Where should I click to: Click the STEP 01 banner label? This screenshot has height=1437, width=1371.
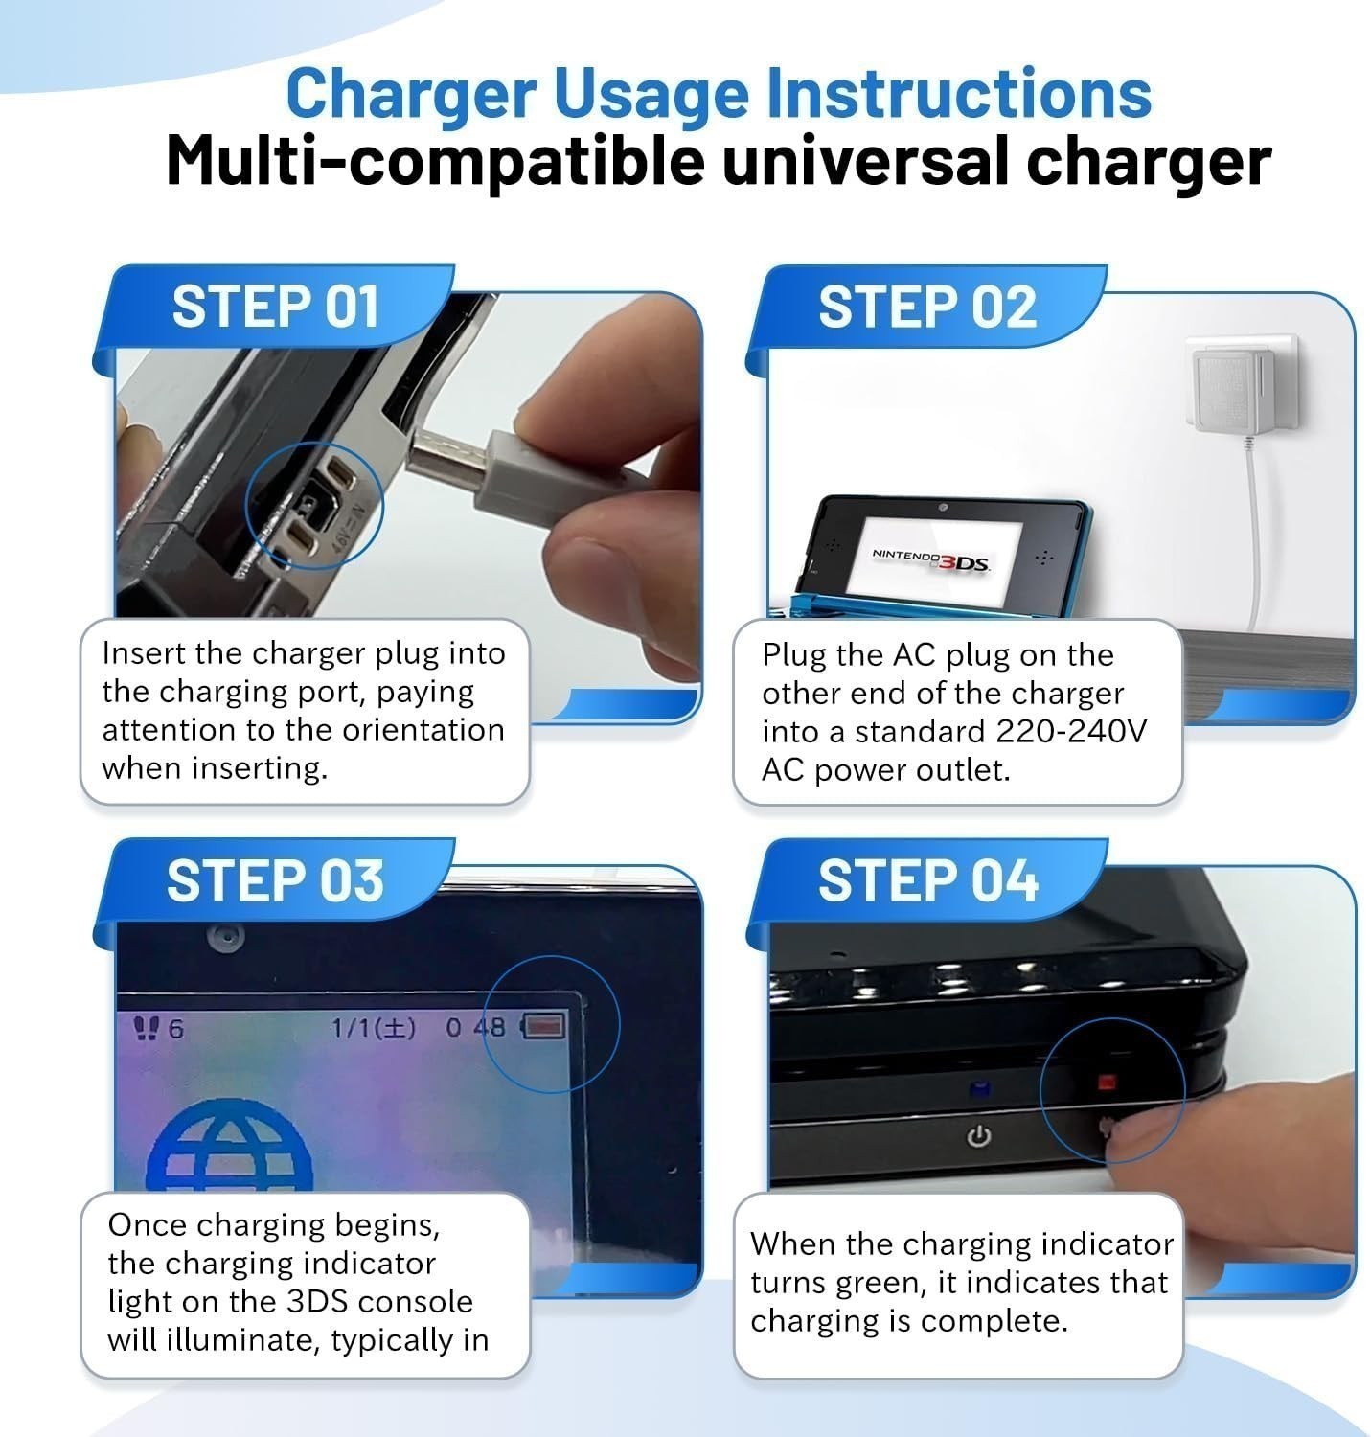[x=276, y=307]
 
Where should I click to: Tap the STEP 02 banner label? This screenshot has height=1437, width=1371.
[x=927, y=307]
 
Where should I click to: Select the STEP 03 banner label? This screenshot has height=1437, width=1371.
[x=275, y=880]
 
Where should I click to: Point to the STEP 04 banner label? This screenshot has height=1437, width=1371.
[x=928, y=880]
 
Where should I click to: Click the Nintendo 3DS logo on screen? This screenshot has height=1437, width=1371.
[x=930, y=559]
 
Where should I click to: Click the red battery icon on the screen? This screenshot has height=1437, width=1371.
[x=543, y=1025]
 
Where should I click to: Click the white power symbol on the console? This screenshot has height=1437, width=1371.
[x=979, y=1136]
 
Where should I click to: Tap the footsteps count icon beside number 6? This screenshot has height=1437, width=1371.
[x=147, y=1028]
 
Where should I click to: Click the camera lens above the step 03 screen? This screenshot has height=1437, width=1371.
[x=226, y=936]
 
